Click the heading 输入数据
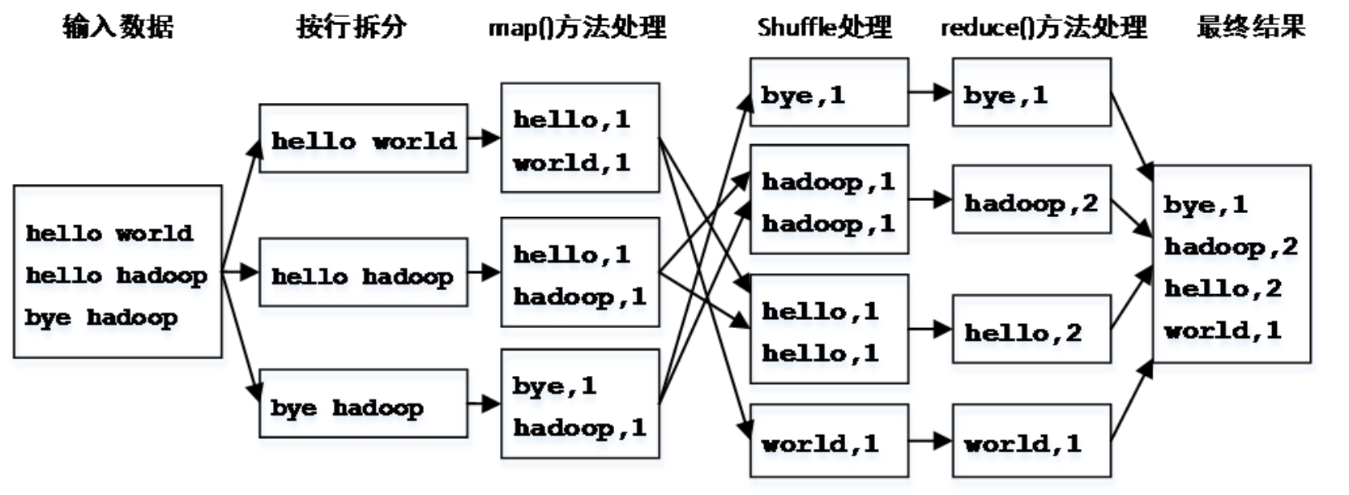(118, 27)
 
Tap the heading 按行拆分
(351, 27)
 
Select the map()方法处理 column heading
(577, 28)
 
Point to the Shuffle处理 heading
(824, 28)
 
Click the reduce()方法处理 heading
(1044, 28)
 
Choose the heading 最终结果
(1251, 27)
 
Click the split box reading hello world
(363, 139)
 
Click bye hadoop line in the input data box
(101, 318)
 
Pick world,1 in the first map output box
(571, 162)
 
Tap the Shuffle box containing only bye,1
(828, 92)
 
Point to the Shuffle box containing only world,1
(828, 442)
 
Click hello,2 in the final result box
(1223, 288)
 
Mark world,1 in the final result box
(1223, 330)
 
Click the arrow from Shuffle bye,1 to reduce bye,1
(930, 92)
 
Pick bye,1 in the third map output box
(554, 386)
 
